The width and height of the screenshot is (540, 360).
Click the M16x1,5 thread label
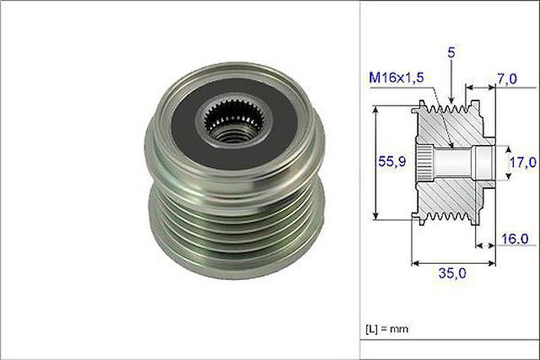(396, 78)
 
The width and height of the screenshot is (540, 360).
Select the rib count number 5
(451, 52)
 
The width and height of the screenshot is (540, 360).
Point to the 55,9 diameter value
(392, 161)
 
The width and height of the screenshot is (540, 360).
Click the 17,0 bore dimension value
(523, 162)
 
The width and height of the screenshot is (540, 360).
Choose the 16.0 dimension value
(514, 239)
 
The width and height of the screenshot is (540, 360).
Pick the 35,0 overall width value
(452, 273)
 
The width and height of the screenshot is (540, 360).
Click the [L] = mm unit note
(387, 328)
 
